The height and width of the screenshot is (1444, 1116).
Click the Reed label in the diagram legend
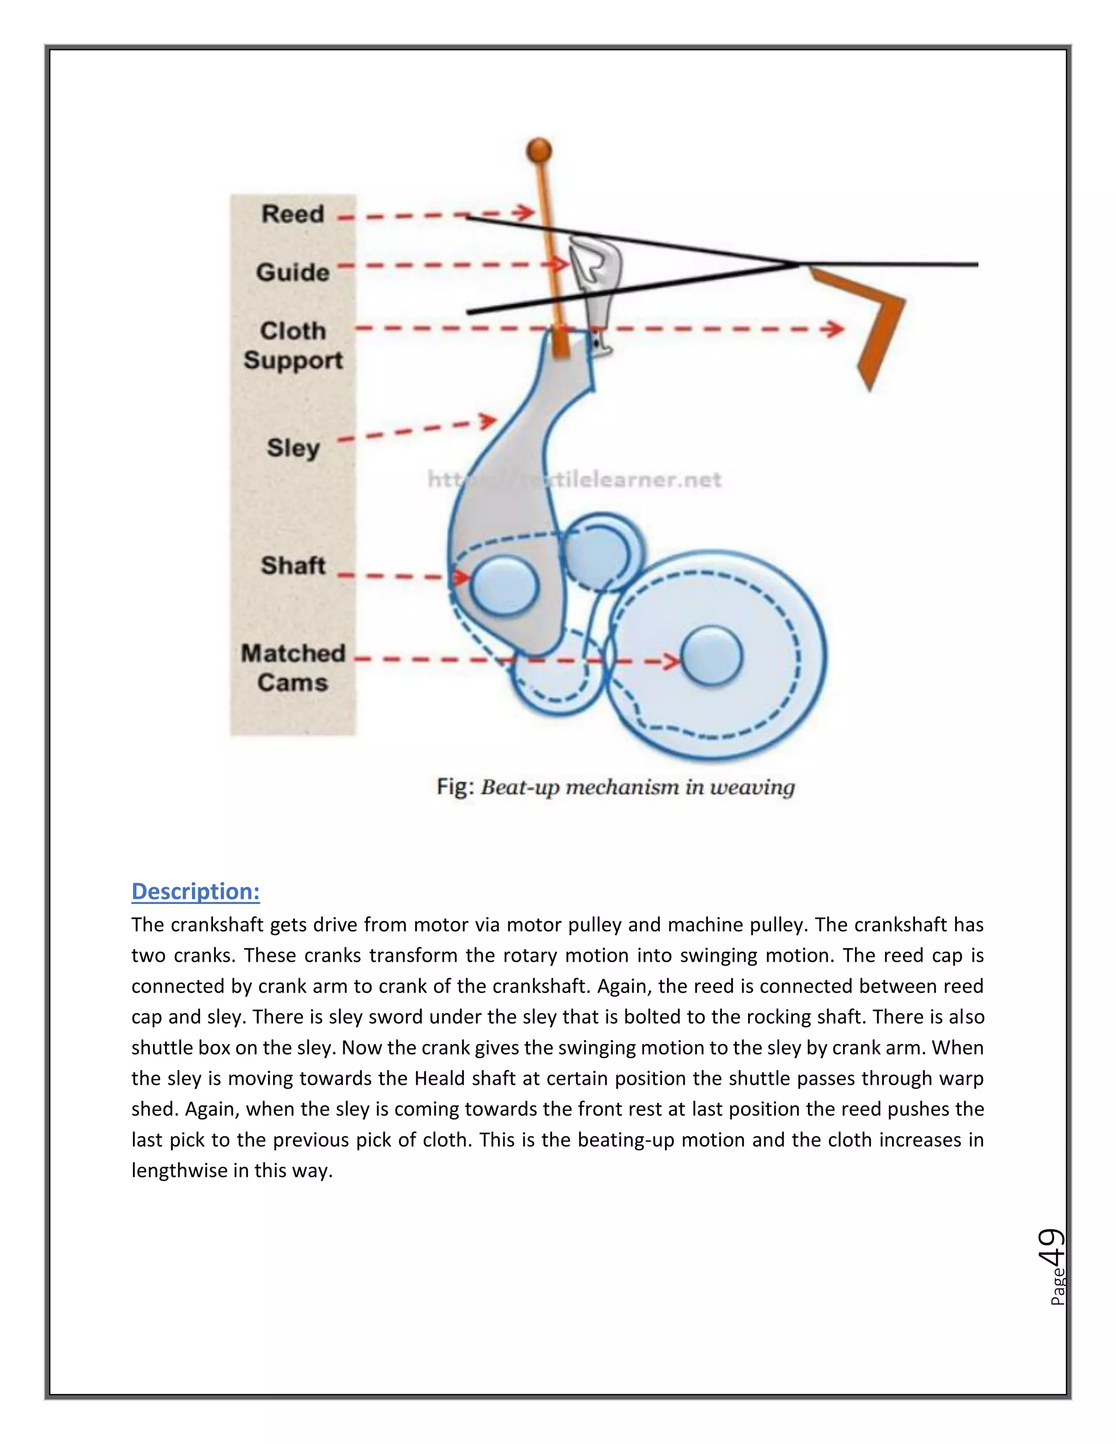(x=293, y=214)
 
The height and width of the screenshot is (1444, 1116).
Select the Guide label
(x=293, y=272)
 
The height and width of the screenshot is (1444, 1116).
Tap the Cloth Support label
(x=293, y=345)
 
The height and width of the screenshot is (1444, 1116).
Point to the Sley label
(x=293, y=447)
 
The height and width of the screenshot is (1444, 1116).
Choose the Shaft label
(x=293, y=565)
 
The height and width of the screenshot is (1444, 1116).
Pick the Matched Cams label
(x=293, y=668)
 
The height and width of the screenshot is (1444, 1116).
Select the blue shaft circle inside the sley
(x=505, y=585)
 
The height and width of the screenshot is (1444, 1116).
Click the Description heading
(x=195, y=891)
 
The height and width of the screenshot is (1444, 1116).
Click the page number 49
(x=1051, y=1246)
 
